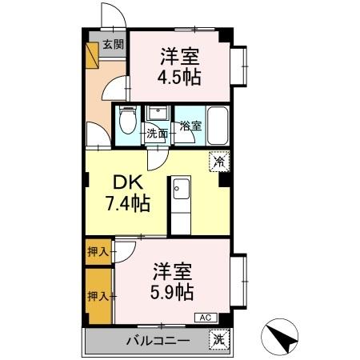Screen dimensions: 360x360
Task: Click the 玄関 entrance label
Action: pos(113,46)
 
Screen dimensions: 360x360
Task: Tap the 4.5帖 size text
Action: pos(179,77)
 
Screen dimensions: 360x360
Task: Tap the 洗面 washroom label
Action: pos(156,134)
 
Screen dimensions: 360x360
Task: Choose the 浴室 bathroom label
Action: pos(190,126)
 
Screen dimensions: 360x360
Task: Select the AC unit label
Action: pos(205,317)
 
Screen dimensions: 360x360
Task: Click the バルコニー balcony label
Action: pos(158,341)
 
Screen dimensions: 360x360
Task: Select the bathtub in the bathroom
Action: pos(217,124)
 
